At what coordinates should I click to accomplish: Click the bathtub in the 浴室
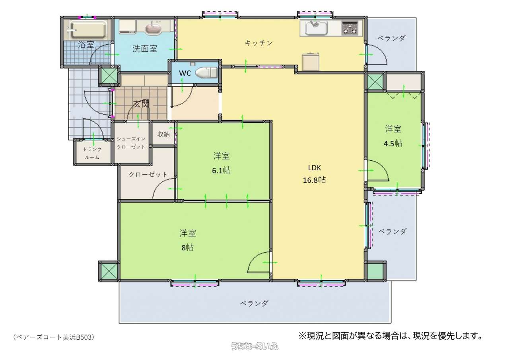pyautogui.click(x=88, y=30)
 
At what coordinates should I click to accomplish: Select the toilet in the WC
pyautogui.click(x=206, y=72)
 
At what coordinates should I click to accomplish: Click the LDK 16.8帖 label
pyautogui.click(x=314, y=174)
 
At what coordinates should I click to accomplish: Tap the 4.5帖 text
pyautogui.click(x=393, y=144)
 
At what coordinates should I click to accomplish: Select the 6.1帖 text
pyautogui.click(x=221, y=170)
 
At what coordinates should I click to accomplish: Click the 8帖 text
pyautogui.click(x=187, y=247)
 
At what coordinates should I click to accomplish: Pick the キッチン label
pyautogui.click(x=258, y=43)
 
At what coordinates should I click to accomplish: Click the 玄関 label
pyautogui.click(x=141, y=104)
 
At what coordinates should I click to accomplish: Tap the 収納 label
pyautogui.click(x=163, y=134)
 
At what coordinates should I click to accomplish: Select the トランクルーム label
pyautogui.click(x=92, y=153)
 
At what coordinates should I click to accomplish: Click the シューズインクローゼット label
pyautogui.click(x=131, y=143)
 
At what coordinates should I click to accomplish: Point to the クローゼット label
pyautogui.click(x=148, y=175)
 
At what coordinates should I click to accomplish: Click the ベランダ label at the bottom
pyautogui.click(x=254, y=303)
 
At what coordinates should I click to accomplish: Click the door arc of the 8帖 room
pyautogui.click(x=254, y=258)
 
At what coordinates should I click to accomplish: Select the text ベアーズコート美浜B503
pyautogui.click(x=54, y=337)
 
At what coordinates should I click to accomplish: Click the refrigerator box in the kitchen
pyautogui.click(x=311, y=62)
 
